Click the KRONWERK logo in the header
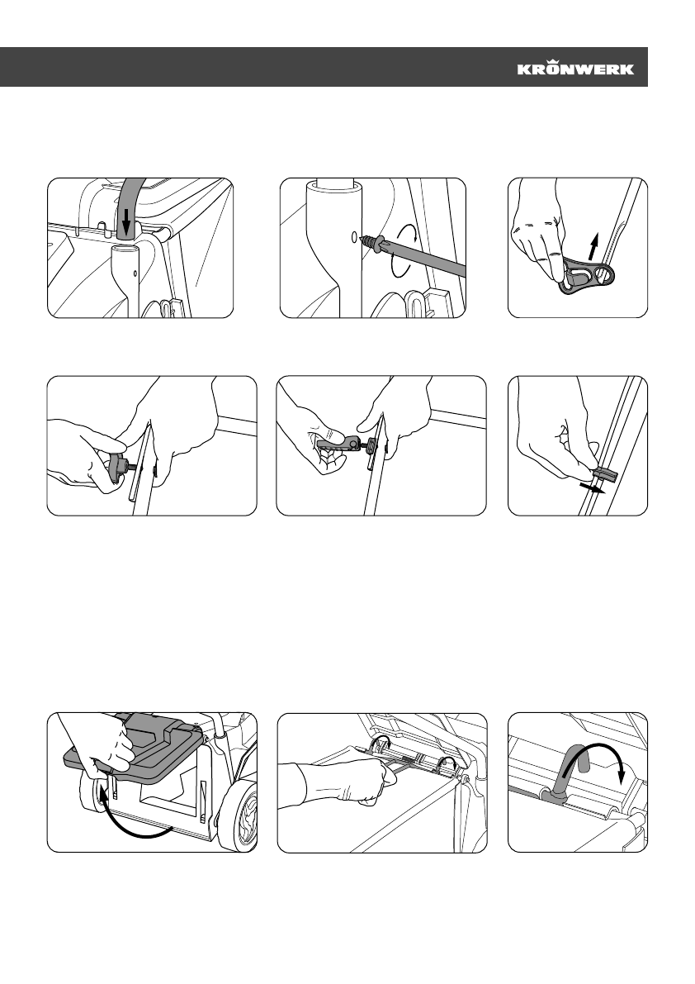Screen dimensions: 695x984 (575, 67)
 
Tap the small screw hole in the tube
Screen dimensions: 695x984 (353, 237)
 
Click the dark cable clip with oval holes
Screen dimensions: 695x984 (585, 275)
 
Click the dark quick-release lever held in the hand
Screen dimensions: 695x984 (340, 444)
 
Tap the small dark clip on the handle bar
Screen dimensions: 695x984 (605, 473)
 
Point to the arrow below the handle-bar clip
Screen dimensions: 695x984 (592, 488)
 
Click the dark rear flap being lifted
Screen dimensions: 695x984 (134, 750)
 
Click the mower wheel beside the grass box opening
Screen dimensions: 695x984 (239, 815)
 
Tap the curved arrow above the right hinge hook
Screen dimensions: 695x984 (447, 761)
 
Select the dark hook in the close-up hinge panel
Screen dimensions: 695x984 (564, 777)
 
